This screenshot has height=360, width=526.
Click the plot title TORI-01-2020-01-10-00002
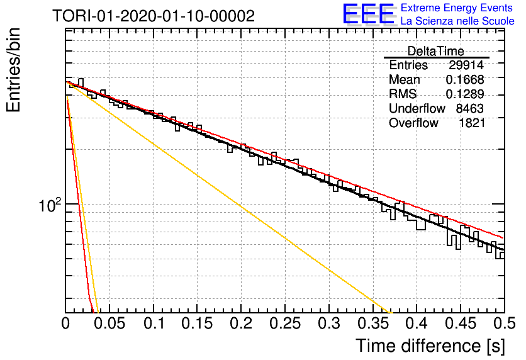(154, 16)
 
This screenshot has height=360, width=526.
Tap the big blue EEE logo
(369, 14)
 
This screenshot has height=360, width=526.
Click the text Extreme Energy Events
(457, 8)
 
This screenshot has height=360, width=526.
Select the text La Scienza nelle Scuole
(457, 21)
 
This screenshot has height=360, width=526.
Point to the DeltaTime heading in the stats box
(435, 51)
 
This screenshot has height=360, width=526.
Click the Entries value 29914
(466, 65)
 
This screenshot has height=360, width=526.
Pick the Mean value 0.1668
(465, 79)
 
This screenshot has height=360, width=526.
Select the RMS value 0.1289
(465, 94)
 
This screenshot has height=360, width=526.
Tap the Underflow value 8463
(469, 108)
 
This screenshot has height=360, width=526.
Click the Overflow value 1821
(472, 123)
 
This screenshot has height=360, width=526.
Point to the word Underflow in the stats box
(417, 108)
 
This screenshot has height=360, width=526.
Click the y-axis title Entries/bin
(13, 70)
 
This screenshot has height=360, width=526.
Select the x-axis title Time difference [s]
(430, 346)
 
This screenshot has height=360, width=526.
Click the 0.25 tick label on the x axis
(285, 323)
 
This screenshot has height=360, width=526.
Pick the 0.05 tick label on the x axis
(109, 323)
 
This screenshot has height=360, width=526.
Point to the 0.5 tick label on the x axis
(505, 323)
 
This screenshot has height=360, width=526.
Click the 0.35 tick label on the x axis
(372, 323)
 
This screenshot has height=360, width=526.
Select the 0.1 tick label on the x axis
(154, 323)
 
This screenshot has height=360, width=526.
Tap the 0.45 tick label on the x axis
(461, 323)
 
